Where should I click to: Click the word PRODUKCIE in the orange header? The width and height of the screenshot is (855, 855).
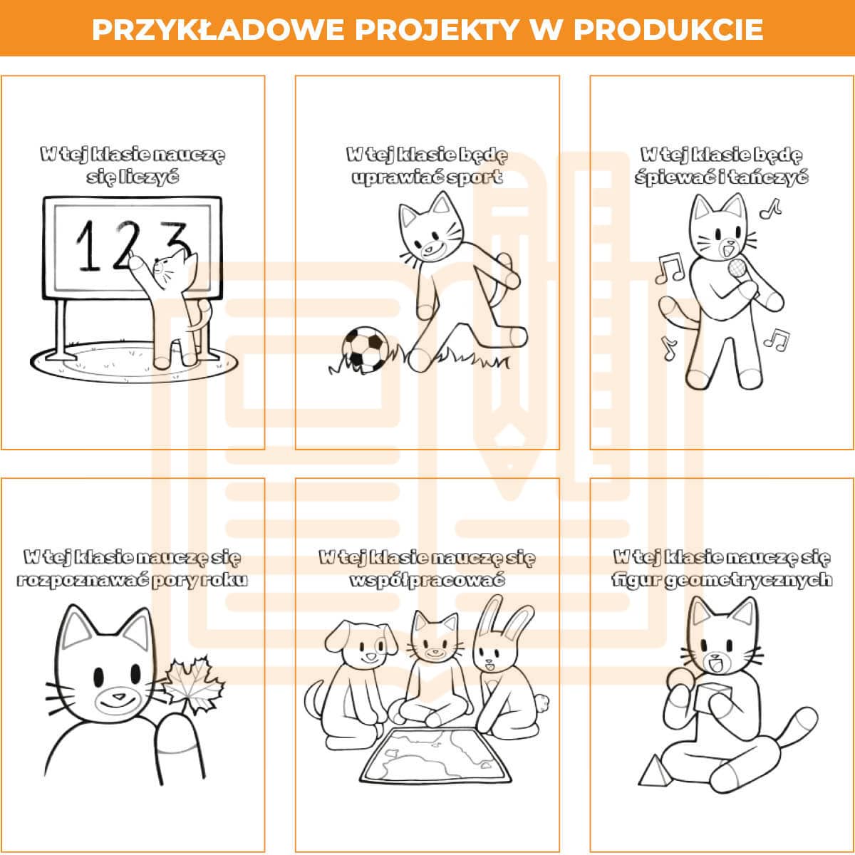tap(668, 30)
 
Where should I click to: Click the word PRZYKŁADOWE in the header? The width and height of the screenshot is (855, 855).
tap(219, 30)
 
